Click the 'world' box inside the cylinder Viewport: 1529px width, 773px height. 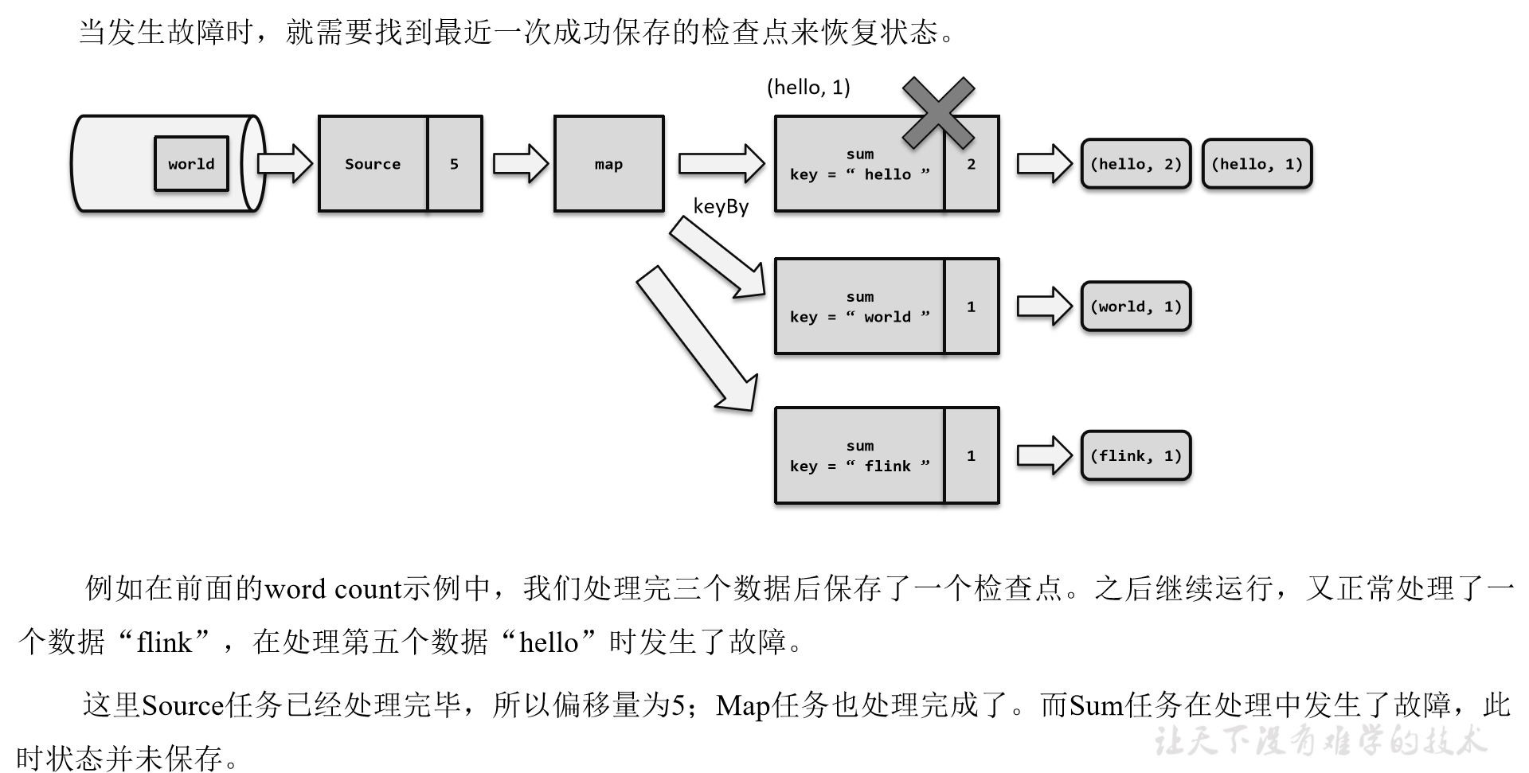click(x=191, y=164)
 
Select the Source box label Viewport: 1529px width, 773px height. click(x=373, y=164)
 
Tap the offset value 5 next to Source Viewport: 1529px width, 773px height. click(x=454, y=164)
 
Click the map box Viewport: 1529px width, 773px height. click(x=608, y=164)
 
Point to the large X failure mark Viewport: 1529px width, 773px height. click(x=938, y=112)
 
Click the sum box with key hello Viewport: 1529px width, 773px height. click(x=859, y=165)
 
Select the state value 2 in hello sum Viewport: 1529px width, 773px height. click(x=971, y=165)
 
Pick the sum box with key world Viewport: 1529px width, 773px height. click(x=859, y=306)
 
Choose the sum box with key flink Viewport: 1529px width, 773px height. click(x=859, y=455)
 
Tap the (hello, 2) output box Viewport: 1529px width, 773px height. click(x=1136, y=164)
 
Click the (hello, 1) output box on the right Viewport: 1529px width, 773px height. click(x=1257, y=164)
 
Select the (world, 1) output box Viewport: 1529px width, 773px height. click(x=1136, y=306)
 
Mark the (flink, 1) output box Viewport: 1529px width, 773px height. click(x=1136, y=455)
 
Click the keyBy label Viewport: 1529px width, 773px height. click(x=721, y=207)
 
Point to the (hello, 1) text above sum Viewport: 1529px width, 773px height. click(x=808, y=87)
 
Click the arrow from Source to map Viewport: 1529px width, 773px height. click(x=520, y=164)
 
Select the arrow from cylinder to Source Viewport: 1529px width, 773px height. click(x=285, y=164)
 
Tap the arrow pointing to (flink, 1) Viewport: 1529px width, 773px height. click(x=1044, y=455)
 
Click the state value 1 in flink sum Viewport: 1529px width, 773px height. click(x=971, y=455)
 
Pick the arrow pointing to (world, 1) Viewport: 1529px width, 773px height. click(x=1044, y=306)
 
